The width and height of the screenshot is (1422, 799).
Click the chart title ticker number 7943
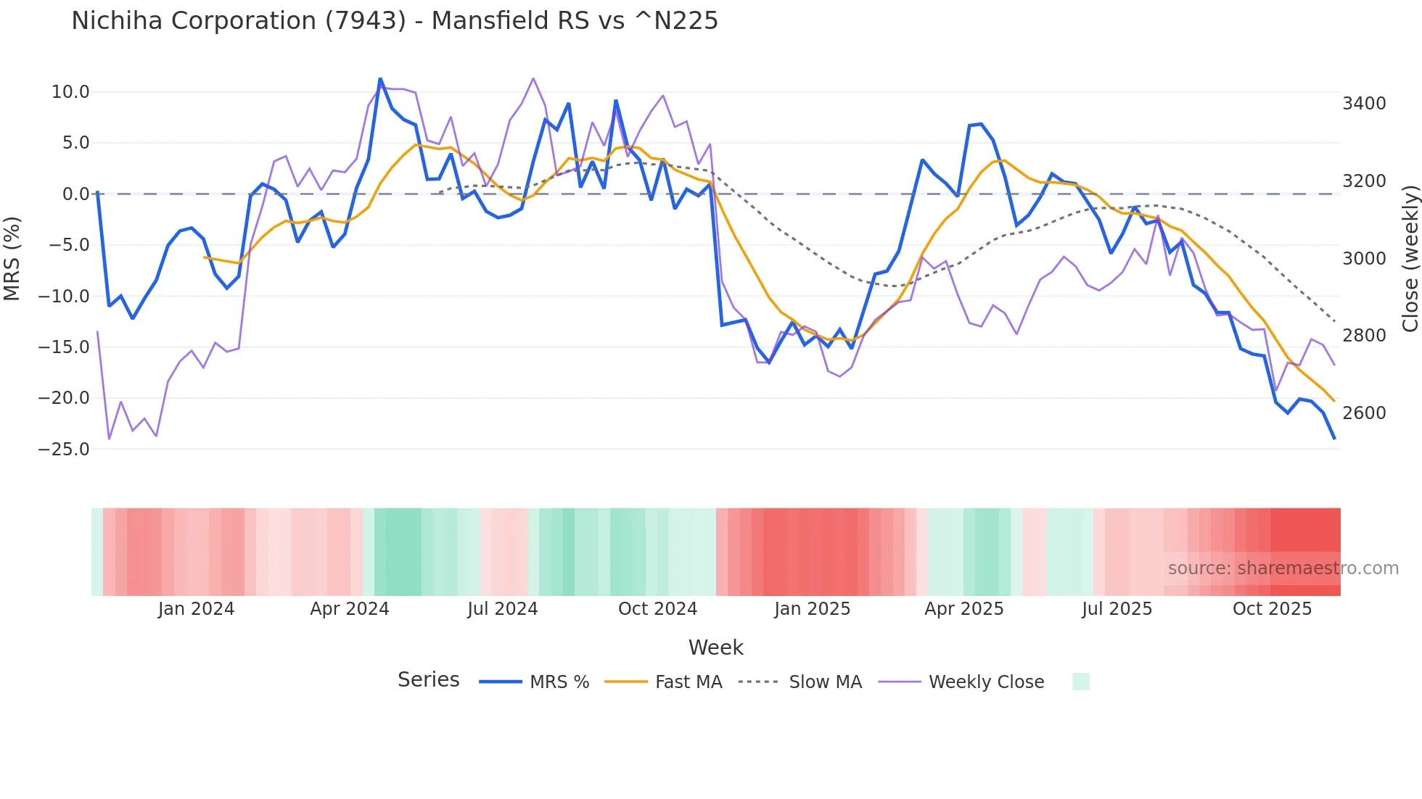tap(365, 21)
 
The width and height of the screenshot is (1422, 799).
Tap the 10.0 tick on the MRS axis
tap(70, 92)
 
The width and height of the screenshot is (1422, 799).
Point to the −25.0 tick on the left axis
tap(64, 450)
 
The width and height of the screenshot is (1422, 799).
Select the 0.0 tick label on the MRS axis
tap(75, 194)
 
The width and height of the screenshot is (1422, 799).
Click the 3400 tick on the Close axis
tap(1364, 104)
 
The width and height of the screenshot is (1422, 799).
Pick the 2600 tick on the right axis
tap(1364, 413)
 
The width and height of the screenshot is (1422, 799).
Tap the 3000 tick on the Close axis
tap(1364, 259)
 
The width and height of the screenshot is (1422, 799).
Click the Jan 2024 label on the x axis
tap(196, 609)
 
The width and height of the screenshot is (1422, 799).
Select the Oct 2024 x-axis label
tap(657, 609)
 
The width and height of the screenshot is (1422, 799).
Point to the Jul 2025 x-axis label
tap(1117, 609)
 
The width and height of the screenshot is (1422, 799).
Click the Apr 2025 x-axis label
tap(963, 609)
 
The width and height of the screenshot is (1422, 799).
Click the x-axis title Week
tap(715, 647)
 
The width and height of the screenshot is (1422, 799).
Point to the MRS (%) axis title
tap(12, 259)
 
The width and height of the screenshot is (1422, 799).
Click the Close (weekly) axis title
tap(1410, 259)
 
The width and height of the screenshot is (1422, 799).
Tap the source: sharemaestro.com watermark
tap(1283, 568)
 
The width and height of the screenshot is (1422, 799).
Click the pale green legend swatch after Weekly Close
tap(1080, 682)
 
